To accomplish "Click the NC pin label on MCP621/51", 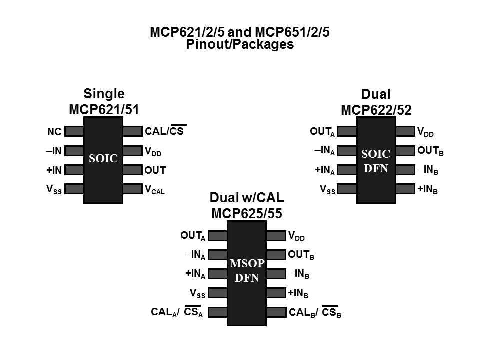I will click(x=55, y=132).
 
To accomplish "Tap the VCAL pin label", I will click(x=154, y=190).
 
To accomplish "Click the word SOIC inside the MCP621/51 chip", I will click(x=103, y=159).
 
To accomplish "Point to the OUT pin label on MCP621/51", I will click(x=155, y=170).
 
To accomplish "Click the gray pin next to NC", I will click(x=74, y=131).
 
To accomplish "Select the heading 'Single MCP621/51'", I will click(x=103, y=102).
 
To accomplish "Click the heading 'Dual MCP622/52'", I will click(x=376, y=102).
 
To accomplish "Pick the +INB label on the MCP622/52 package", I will click(x=428, y=190).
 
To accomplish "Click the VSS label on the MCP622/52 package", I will click(x=327, y=190).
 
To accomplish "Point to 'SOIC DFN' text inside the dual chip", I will click(x=376, y=161).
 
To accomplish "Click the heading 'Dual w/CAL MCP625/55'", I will click(x=247, y=206).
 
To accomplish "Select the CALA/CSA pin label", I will click(x=177, y=313).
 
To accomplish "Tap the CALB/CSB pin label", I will click(x=315, y=313).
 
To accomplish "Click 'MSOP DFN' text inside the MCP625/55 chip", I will click(x=247, y=271).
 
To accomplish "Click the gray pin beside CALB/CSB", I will click(x=276, y=312).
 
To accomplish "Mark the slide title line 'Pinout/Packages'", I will click(x=240, y=44).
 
